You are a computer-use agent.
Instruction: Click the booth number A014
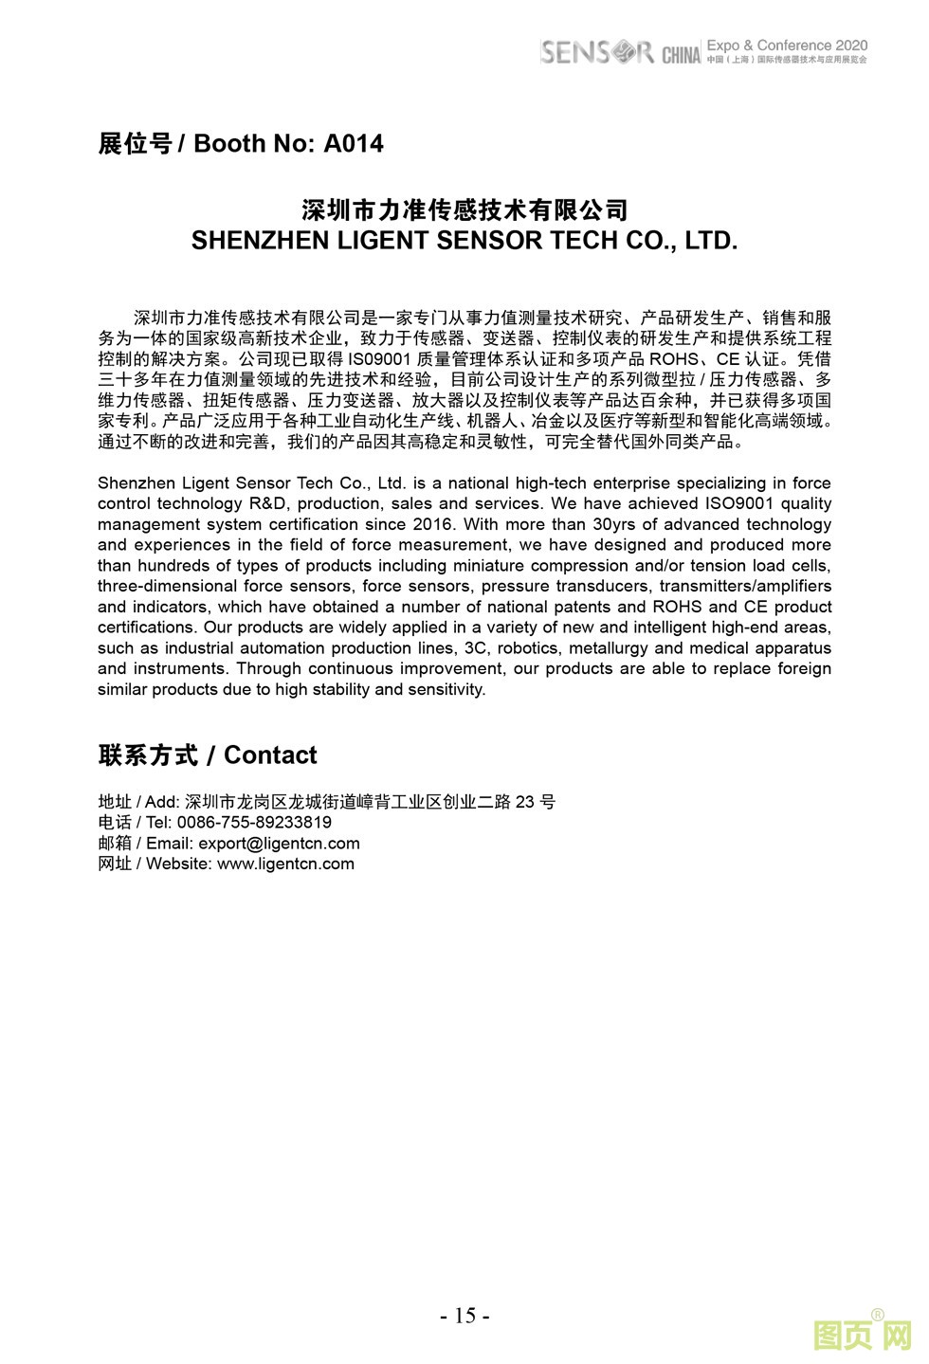pyautogui.click(x=354, y=144)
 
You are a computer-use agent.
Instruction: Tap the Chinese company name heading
pyautogui.click(x=464, y=209)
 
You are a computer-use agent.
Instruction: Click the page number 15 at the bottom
pyautogui.click(x=464, y=1316)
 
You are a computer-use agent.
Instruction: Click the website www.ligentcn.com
pyautogui.click(x=285, y=864)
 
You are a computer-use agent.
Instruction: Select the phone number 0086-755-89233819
pyautogui.click(x=254, y=823)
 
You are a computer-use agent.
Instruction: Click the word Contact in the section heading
pyautogui.click(x=270, y=755)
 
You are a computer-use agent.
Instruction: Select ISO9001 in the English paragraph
pyautogui.click(x=741, y=503)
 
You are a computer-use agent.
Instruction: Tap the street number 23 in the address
pyautogui.click(x=523, y=802)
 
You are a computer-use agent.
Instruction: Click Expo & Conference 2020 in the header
pyautogui.click(x=787, y=45)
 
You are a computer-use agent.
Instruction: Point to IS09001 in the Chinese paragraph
pyautogui.click(x=379, y=359)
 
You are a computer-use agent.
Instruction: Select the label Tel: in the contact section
pyautogui.click(x=158, y=823)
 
